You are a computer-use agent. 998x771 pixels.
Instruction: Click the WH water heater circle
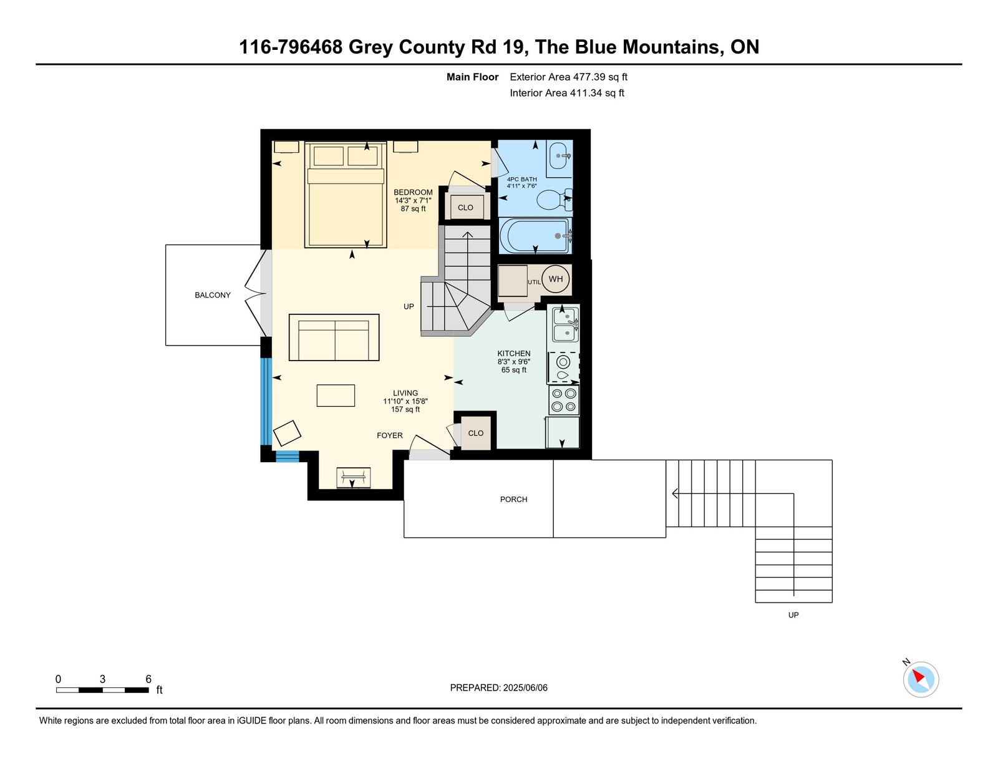[555, 279]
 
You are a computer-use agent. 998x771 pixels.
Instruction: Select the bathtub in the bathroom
[535, 236]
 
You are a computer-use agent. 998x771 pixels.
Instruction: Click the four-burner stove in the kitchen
[563, 400]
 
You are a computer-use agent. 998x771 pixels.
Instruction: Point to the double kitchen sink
[565, 324]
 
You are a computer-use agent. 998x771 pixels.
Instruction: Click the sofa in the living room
[334, 337]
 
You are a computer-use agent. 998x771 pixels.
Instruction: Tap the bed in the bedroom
[346, 195]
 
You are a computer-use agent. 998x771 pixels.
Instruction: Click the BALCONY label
[213, 295]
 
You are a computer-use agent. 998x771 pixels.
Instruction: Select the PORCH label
[513, 500]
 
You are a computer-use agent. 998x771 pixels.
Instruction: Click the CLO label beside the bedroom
[465, 208]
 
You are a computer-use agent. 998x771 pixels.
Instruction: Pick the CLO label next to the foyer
[476, 433]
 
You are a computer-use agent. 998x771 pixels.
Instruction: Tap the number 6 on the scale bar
[148, 679]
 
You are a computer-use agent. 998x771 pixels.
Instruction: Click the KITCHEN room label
[514, 354]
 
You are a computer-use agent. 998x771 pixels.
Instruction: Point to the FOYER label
[389, 435]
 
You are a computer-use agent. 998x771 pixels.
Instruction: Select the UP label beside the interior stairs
[409, 307]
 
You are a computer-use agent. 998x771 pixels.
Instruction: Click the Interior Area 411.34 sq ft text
[567, 93]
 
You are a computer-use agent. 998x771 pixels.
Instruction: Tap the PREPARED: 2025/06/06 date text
[499, 688]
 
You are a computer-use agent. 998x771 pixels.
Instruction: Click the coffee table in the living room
[336, 396]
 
